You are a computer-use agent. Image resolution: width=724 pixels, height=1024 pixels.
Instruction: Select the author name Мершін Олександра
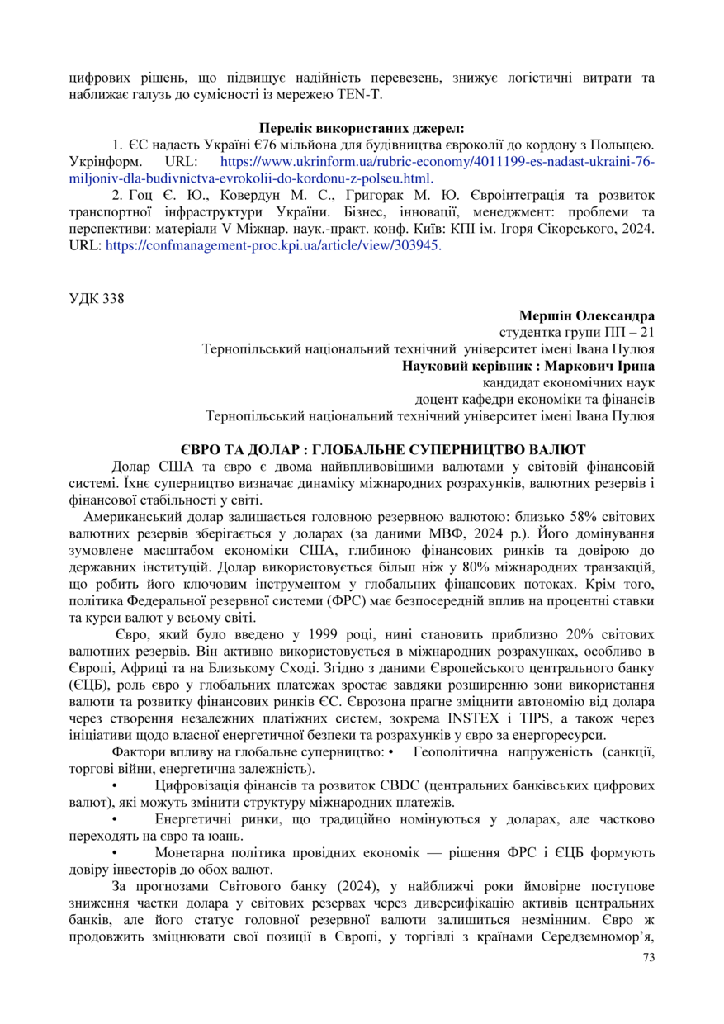point(587,315)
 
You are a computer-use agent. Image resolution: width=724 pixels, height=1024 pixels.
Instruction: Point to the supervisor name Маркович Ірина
point(607,366)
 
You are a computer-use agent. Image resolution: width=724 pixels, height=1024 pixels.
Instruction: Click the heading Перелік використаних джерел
point(362,128)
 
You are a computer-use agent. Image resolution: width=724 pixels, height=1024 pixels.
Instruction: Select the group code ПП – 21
point(632,332)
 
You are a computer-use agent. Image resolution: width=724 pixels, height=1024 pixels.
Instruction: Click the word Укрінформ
point(106,162)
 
